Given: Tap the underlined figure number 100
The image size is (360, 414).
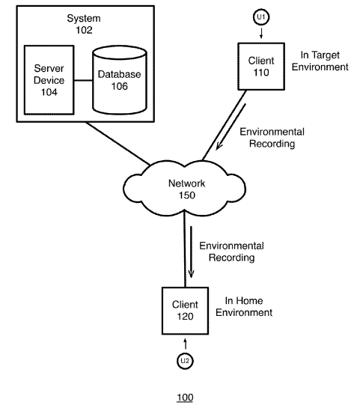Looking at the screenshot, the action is coord(185,398).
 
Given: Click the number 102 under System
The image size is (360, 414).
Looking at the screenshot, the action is coord(84,30).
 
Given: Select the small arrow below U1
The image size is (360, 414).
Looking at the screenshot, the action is coord(261,33).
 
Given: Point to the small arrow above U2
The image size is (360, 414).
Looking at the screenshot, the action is coord(186,344).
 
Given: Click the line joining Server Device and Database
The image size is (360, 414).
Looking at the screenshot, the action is coord(83,81).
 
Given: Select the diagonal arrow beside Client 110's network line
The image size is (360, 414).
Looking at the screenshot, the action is coord(231,127).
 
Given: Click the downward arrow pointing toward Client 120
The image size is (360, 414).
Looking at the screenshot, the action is coord(191,252).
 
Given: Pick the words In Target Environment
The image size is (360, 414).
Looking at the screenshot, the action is coord(320,61).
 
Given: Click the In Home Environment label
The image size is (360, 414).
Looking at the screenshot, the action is coord(244,306).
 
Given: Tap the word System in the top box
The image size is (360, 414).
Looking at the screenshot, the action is coord(84,19).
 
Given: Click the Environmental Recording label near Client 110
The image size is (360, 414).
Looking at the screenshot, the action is coord(272,138).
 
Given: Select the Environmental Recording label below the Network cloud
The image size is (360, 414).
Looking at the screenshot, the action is coord(231,252).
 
